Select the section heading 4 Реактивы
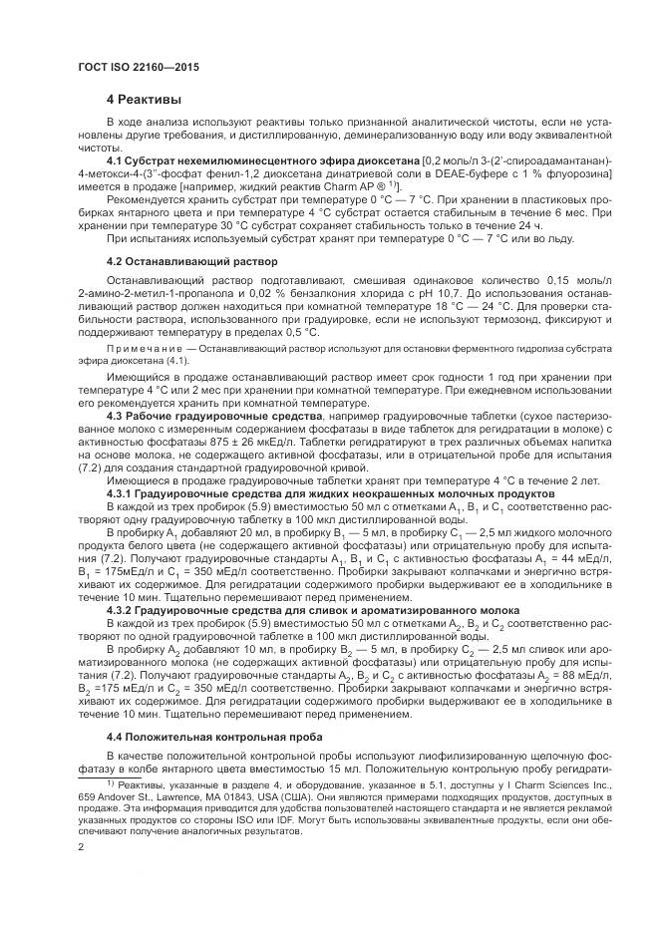(x=145, y=100)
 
